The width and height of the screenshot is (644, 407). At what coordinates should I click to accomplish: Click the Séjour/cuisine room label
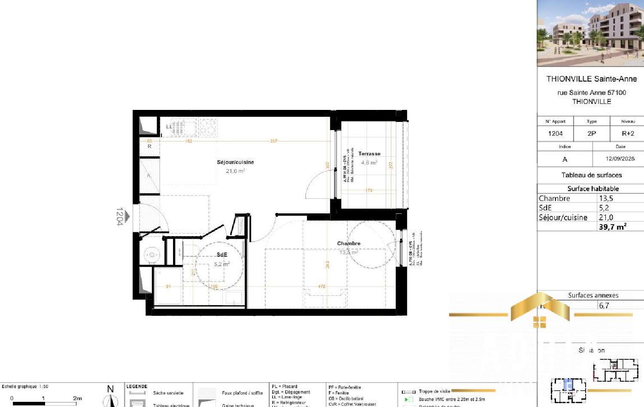tap(235, 162)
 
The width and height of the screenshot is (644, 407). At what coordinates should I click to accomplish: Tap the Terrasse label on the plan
tap(369, 154)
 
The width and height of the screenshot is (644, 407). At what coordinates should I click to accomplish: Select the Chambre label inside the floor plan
tap(349, 243)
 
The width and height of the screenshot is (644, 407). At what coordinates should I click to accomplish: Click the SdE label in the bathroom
tap(222, 255)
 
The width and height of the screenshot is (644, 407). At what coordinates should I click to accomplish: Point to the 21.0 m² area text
tap(235, 171)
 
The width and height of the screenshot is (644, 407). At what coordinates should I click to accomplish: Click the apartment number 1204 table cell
tap(555, 134)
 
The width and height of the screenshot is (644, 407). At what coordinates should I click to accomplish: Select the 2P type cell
tap(592, 134)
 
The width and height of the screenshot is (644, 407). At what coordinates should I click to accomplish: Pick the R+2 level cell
tap(628, 134)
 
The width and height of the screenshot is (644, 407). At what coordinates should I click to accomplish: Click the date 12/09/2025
tap(620, 158)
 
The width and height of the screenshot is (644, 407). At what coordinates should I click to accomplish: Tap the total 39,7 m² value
tap(612, 227)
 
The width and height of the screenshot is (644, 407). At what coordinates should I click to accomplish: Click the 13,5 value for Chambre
tap(606, 198)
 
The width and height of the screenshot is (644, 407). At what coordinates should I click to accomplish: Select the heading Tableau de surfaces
tap(592, 175)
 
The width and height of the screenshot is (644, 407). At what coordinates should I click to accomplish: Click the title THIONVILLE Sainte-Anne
tap(591, 79)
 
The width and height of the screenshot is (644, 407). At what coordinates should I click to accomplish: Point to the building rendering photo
tap(590, 33)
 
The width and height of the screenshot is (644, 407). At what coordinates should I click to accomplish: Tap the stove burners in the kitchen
tap(208, 127)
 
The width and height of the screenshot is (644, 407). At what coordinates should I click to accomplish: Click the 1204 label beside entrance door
tap(120, 216)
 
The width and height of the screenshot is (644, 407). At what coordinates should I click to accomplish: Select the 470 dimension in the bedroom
tap(321, 286)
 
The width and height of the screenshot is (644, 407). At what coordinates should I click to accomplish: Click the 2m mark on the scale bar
tap(77, 398)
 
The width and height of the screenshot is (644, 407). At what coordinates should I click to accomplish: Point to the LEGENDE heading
tap(137, 386)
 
